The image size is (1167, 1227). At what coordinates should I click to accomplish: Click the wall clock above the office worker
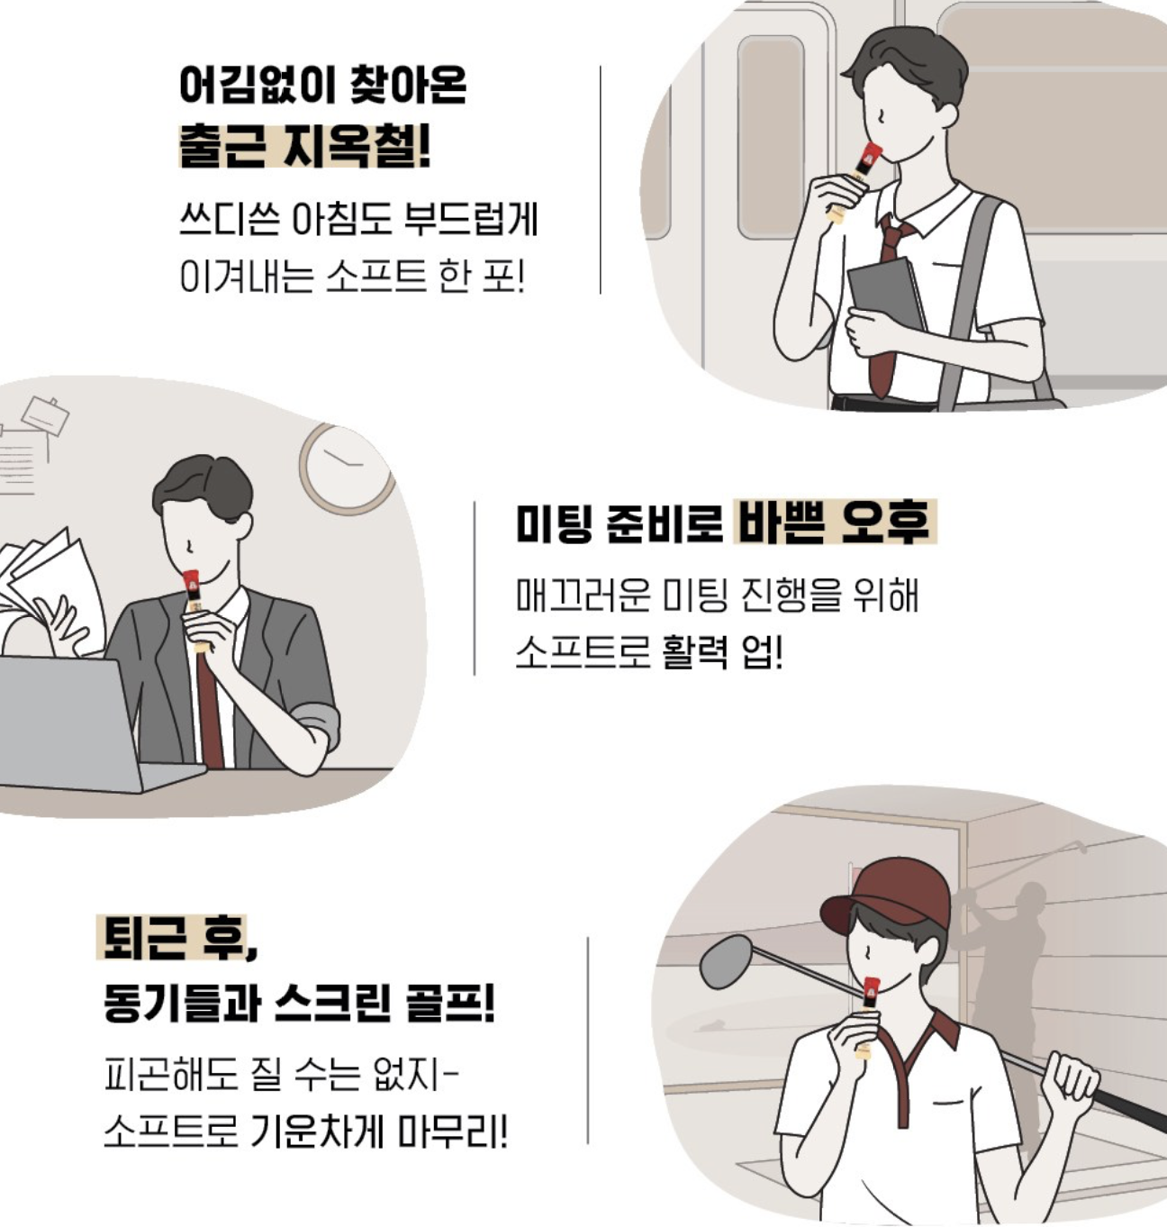coord(347,469)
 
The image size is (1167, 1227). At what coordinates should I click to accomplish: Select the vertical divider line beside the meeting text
coord(475,588)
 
